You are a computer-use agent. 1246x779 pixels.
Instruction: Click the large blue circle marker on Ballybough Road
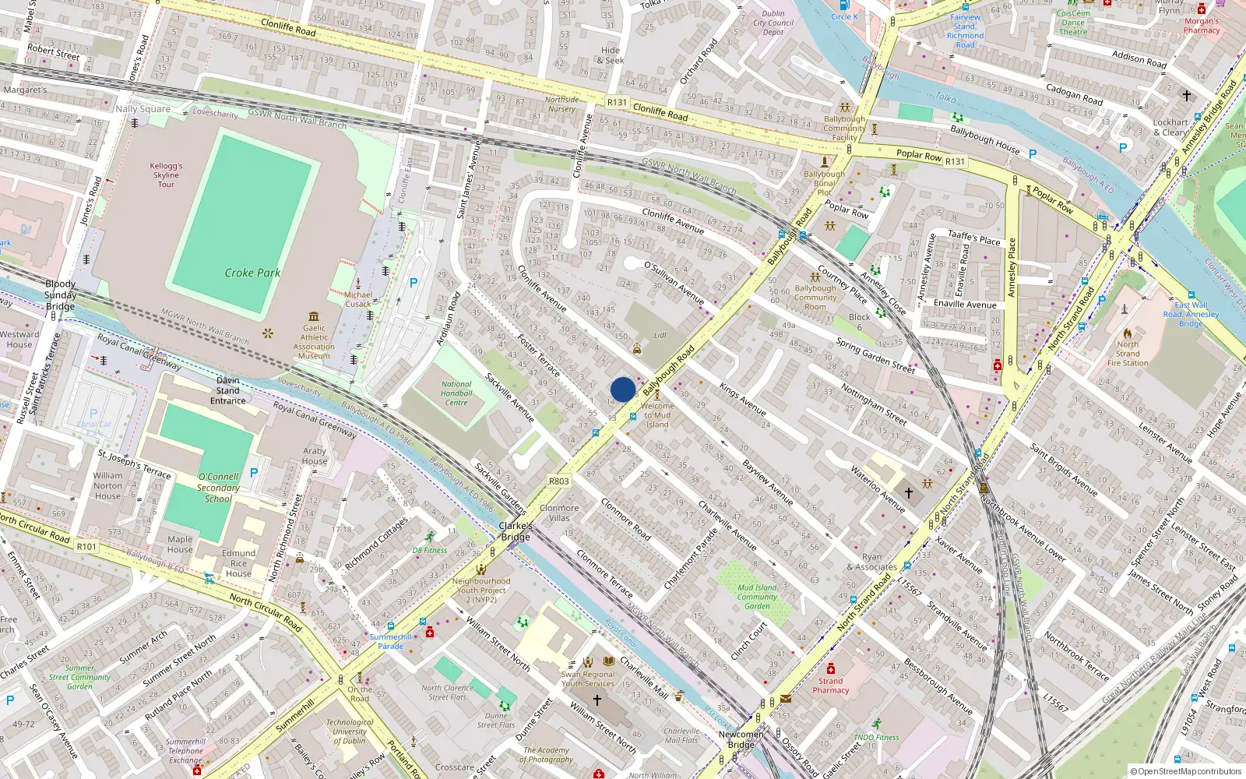(x=623, y=389)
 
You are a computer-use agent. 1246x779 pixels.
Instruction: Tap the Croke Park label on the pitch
(x=252, y=273)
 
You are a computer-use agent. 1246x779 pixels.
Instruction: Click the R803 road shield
(x=559, y=481)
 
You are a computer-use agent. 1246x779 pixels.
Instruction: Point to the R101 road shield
(x=86, y=547)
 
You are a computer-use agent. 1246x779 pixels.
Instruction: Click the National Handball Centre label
(x=456, y=393)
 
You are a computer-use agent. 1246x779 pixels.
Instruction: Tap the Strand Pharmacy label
(x=831, y=686)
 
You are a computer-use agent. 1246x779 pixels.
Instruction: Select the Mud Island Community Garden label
(x=757, y=597)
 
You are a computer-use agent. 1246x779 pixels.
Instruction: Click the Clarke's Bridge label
(x=516, y=531)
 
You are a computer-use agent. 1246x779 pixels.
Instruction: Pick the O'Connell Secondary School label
(x=218, y=488)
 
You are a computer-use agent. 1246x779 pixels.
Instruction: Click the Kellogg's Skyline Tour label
(x=166, y=175)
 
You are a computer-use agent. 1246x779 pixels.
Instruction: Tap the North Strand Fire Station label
(x=1127, y=354)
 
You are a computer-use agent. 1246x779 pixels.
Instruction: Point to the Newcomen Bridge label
(x=741, y=739)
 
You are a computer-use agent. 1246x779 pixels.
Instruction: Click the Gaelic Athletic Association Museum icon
(x=314, y=316)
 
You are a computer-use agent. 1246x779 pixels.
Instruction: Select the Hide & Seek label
(x=611, y=55)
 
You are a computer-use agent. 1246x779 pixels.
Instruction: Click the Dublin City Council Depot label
(x=773, y=23)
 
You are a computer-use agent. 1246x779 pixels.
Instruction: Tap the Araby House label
(x=315, y=456)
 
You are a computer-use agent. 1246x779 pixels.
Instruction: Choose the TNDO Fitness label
(x=876, y=737)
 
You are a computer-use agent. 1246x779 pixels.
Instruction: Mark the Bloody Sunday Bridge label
(x=60, y=294)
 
